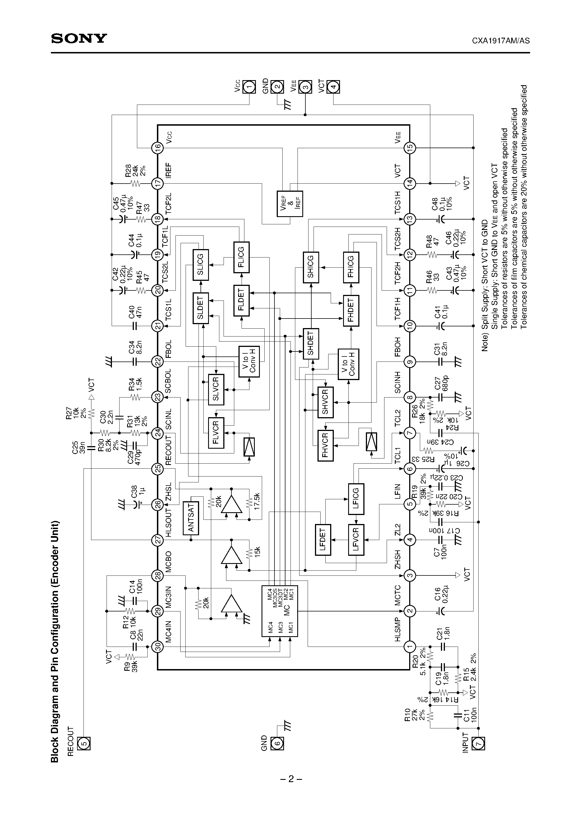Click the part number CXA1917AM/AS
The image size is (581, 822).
pos(500,41)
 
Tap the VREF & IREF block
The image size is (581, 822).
pos(290,204)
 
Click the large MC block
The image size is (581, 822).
pos(280,611)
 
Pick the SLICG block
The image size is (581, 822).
pos(201,265)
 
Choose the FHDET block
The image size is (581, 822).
pos(351,310)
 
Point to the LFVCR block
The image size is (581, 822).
pos(356,540)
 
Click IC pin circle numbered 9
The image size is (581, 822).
pos(410,362)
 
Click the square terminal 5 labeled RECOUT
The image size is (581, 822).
pos(84,743)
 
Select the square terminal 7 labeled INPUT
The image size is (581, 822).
pos(478,743)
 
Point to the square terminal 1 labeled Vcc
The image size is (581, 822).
pos(249,87)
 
